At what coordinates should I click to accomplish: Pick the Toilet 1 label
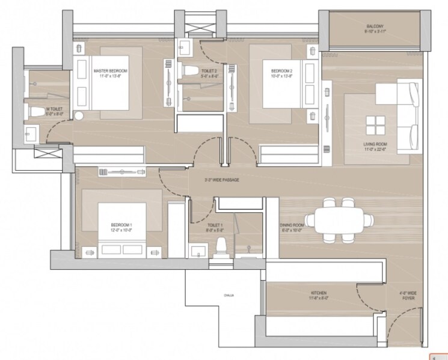[x=215, y=227]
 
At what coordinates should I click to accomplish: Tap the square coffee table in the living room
[x=375, y=125]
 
